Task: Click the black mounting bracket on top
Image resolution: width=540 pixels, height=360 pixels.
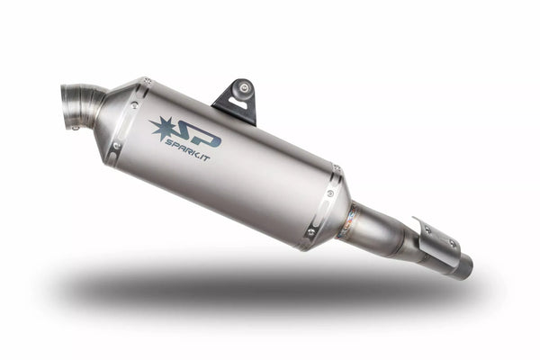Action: (x=237, y=100)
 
